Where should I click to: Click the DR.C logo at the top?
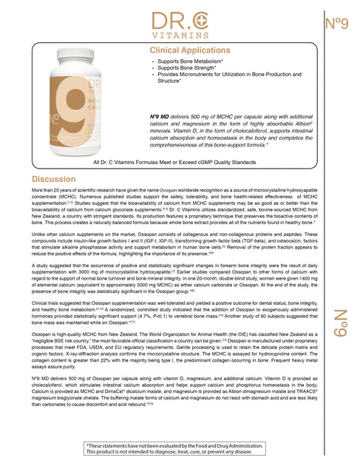(180, 21)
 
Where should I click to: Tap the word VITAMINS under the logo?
(180, 36)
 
